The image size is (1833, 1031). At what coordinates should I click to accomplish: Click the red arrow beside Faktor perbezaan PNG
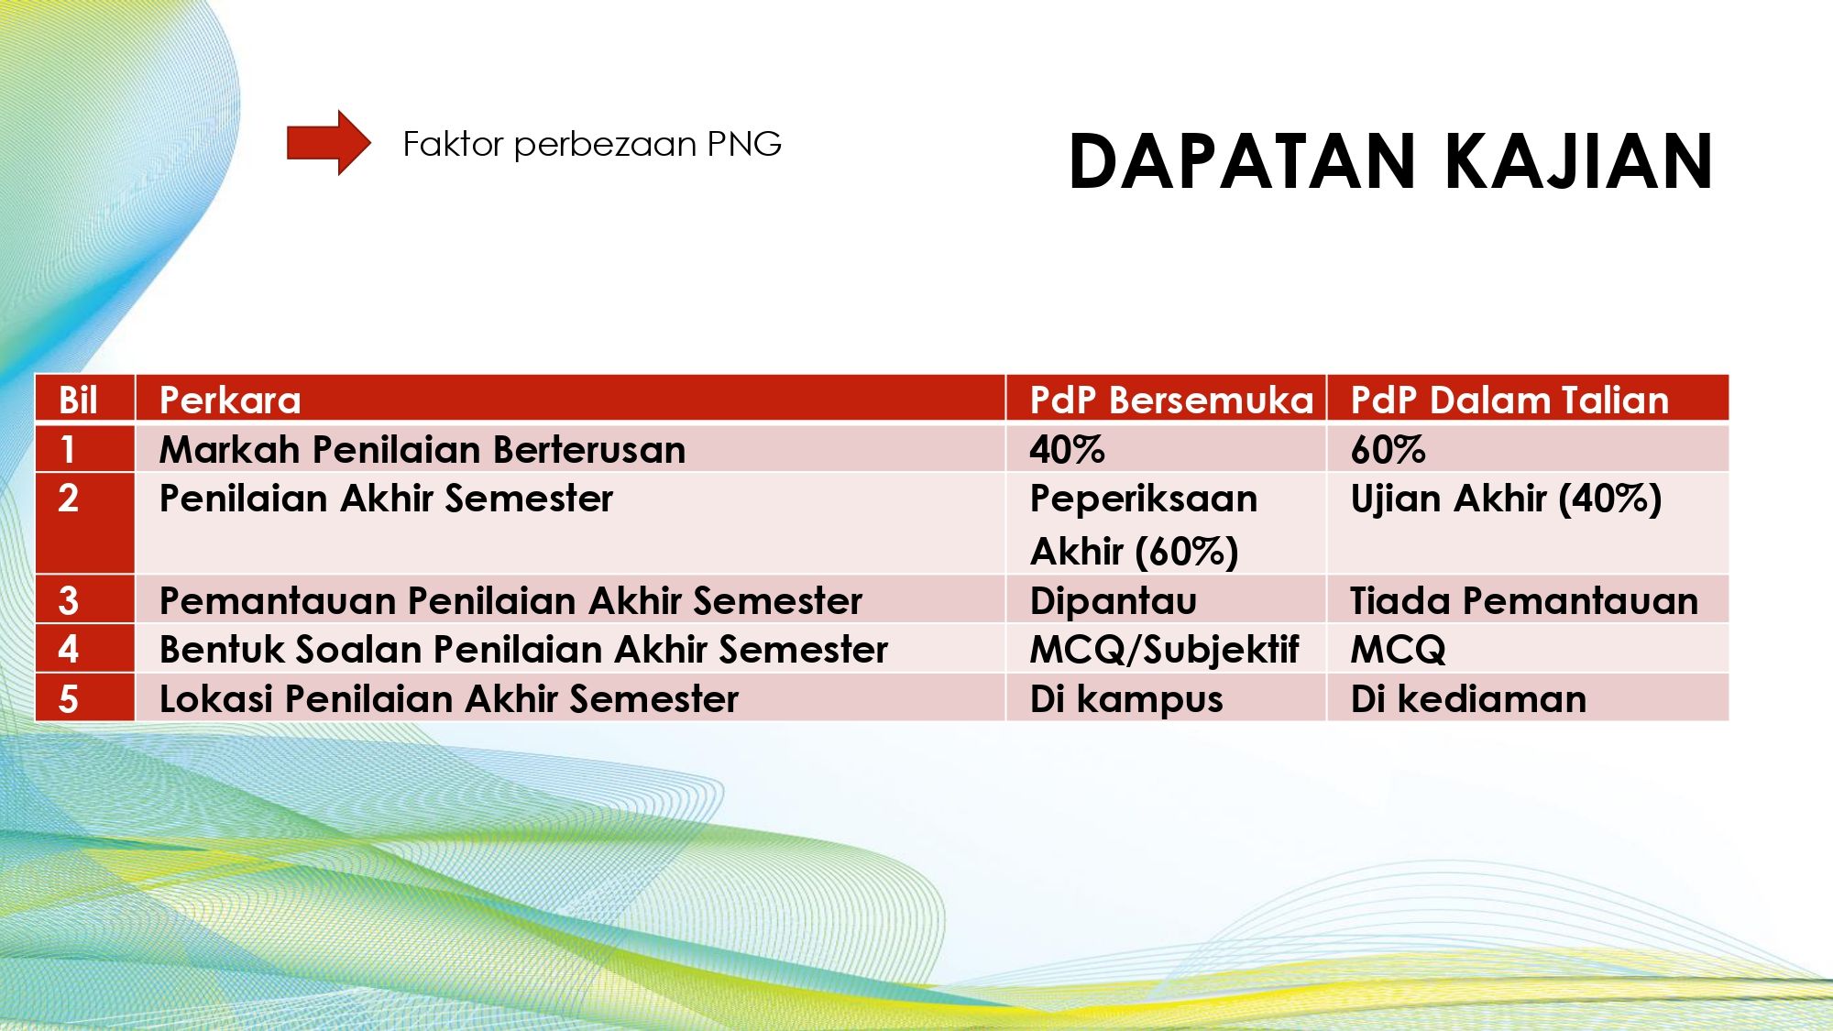pyautogui.click(x=328, y=143)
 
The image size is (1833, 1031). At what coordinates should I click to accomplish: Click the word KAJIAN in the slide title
pyautogui.click(x=1578, y=162)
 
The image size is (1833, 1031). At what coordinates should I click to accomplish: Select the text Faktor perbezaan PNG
pyautogui.click(x=592, y=144)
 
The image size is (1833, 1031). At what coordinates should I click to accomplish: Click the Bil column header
pyautogui.click(x=78, y=400)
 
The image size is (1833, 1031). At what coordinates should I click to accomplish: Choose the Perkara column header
pyautogui.click(x=230, y=400)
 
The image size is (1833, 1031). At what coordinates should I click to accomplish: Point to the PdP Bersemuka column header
pyautogui.click(x=1171, y=400)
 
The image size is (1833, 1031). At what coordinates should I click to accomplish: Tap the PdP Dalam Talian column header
pyautogui.click(x=1509, y=400)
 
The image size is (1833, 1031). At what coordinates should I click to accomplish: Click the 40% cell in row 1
pyautogui.click(x=1067, y=450)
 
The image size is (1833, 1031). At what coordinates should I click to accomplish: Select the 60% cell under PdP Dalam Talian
pyautogui.click(x=1388, y=450)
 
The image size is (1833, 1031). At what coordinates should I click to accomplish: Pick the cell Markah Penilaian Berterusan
pyautogui.click(x=423, y=450)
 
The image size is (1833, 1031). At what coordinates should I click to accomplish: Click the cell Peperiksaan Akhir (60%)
pyautogui.click(x=1144, y=525)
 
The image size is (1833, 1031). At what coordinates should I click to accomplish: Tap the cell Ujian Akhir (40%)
pyautogui.click(x=1506, y=499)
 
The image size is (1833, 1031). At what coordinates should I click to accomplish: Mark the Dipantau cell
pyautogui.click(x=1114, y=601)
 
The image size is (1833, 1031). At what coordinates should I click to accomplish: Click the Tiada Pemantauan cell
pyautogui.click(x=1524, y=601)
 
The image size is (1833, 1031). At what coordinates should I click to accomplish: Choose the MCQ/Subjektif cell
pyautogui.click(x=1165, y=650)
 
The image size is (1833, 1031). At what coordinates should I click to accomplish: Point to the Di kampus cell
pyautogui.click(x=1126, y=699)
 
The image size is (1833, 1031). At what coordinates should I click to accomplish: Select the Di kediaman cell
pyautogui.click(x=1468, y=699)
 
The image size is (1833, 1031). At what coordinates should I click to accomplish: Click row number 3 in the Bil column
pyautogui.click(x=69, y=601)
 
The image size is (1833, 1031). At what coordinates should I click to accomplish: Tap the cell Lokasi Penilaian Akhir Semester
pyautogui.click(x=449, y=699)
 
